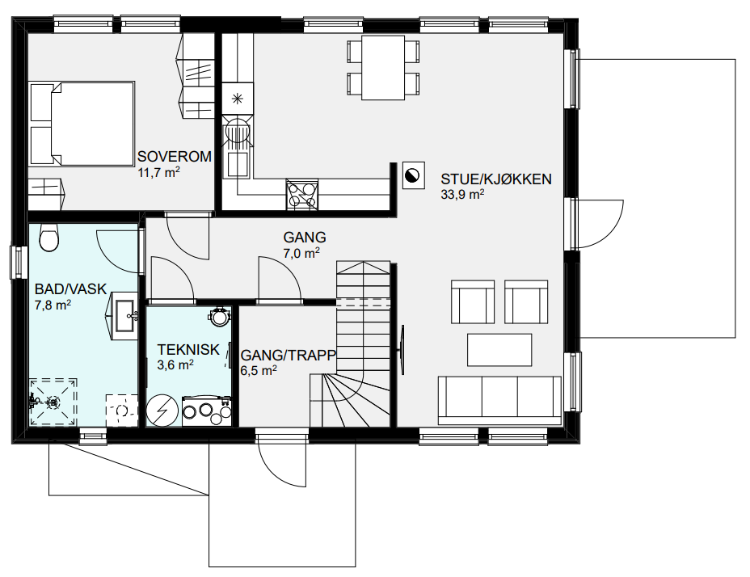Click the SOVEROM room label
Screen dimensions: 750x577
[x=174, y=157]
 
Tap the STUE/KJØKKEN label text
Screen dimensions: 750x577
[x=496, y=179]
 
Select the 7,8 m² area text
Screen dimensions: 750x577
[x=53, y=305]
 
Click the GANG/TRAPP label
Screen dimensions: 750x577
[x=289, y=355]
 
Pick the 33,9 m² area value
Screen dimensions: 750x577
[x=462, y=194]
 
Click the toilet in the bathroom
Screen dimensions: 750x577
[x=48, y=237]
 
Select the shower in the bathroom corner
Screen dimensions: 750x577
[x=53, y=402]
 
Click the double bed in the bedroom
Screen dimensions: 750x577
[x=82, y=124]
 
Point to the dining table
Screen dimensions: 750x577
[x=383, y=67]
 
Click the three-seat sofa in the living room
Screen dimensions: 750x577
[x=499, y=401]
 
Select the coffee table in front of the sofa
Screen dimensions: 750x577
[x=499, y=350]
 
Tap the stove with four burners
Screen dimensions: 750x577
[x=301, y=194]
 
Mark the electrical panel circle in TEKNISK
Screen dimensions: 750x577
[x=162, y=411]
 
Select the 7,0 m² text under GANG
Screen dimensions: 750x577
[x=301, y=253]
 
